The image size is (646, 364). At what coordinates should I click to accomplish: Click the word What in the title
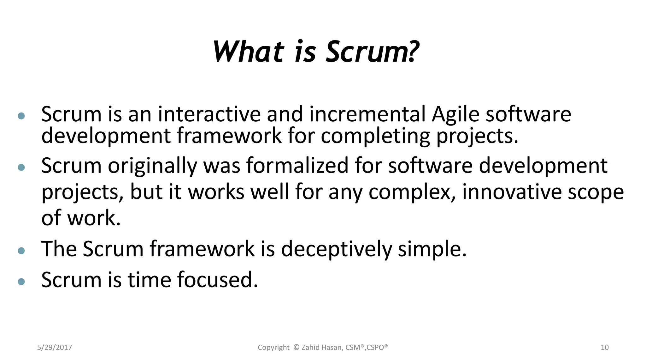249,52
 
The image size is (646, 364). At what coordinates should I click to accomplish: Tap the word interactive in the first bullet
209,114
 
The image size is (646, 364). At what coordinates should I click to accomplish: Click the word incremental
367,114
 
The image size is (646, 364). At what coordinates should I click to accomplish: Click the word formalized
297,166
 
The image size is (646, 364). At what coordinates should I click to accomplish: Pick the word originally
152,166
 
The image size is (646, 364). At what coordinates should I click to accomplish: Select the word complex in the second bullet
412,192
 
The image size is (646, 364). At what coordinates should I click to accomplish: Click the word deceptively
336,249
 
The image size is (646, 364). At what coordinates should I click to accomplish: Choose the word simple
432,249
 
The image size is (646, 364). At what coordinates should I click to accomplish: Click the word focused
217,280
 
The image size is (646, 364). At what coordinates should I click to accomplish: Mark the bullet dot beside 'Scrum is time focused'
21,282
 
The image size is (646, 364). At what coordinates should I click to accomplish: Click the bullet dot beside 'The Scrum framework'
21,251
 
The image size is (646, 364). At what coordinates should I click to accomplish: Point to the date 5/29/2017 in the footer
55,348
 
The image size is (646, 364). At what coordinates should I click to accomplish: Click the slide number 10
604,348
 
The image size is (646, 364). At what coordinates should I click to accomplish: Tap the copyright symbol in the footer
296,347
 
